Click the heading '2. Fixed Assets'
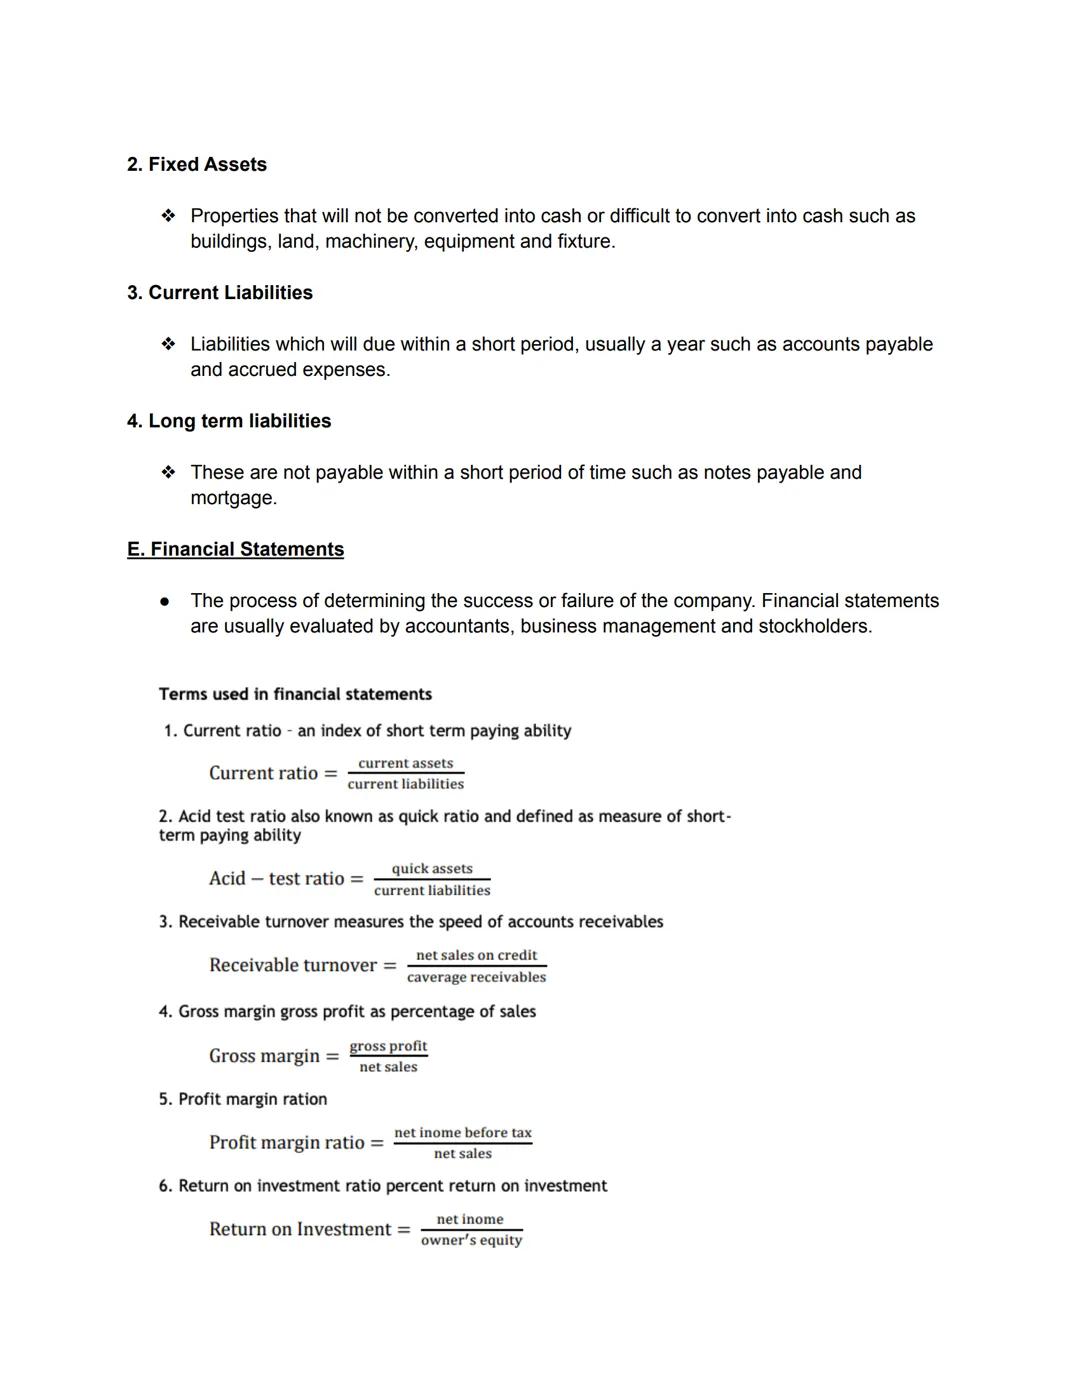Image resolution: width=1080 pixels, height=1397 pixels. tap(197, 165)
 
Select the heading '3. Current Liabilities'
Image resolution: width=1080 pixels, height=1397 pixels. tap(220, 293)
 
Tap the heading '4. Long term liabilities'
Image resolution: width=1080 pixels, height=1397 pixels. tap(229, 421)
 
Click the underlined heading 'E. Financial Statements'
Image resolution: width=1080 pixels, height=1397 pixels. tap(235, 549)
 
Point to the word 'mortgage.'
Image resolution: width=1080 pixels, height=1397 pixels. tap(233, 498)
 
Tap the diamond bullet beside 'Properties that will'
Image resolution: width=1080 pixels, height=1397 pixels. tap(168, 216)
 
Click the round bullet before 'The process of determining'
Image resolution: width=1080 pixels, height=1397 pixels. tap(165, 602)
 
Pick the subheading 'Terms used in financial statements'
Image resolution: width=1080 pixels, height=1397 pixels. tap(295, 694)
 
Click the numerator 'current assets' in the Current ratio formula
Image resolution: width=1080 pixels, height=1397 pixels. tap(405, 763)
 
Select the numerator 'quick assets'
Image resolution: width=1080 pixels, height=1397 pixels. tap(432, 869)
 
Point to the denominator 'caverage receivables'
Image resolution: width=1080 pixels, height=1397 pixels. tap(476, 977)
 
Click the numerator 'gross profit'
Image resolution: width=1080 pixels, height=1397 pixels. tap(388, 1046)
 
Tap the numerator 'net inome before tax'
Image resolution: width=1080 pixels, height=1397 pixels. tap(463, 1133)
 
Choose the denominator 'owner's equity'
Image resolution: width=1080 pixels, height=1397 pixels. tap(471, 1240)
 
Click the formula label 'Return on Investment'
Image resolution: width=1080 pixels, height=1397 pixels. tap(300, 1229)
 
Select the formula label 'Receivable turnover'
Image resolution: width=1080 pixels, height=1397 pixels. tap(293, 965)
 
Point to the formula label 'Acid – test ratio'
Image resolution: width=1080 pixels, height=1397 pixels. tap(276, 879)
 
